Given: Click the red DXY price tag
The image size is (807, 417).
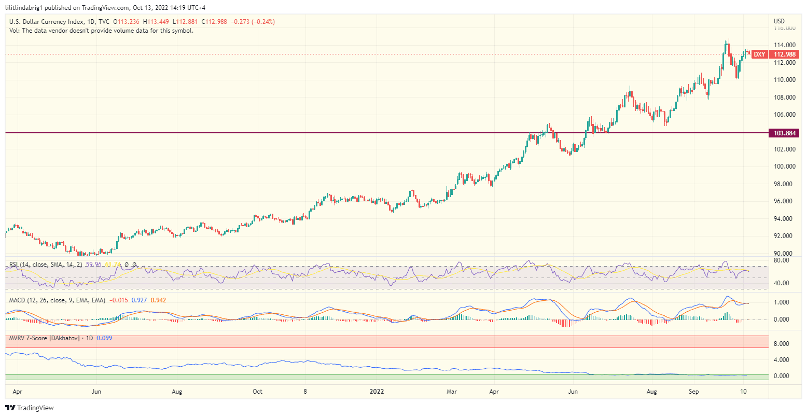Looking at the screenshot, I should (759, 54).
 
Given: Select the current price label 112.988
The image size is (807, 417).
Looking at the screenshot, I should (784, 54).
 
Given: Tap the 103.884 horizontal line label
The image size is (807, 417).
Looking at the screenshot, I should (784, 133).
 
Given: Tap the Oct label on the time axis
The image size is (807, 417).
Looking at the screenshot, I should (257, 392).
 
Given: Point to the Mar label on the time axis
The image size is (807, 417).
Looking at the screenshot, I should (452, 392).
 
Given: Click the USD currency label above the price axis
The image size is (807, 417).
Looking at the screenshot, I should (779, 21).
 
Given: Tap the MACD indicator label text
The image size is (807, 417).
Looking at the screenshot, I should (57, 300).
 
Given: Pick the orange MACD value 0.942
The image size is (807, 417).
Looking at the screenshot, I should (158, 300).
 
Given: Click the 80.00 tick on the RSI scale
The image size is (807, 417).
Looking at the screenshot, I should (781, 260).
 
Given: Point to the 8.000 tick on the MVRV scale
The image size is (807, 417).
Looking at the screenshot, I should (782, 344).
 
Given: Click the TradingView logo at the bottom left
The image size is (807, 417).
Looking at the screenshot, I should (30, 408).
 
